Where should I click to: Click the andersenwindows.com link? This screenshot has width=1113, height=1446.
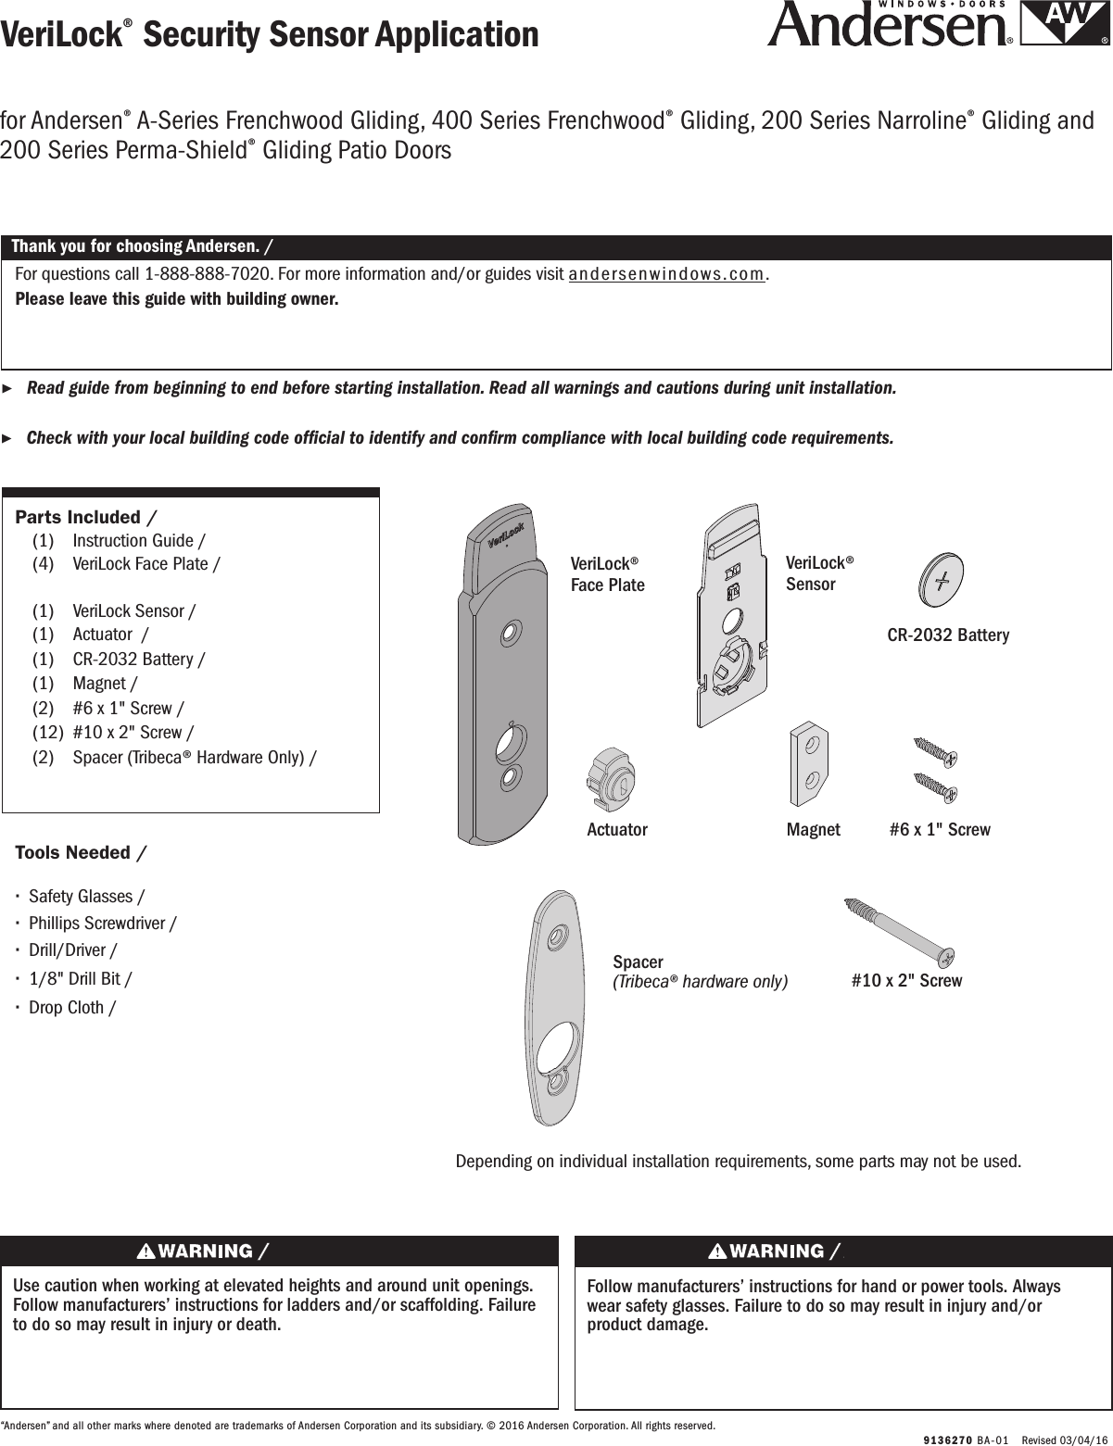pos(667,275)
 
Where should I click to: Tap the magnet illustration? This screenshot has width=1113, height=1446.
pos(808,766)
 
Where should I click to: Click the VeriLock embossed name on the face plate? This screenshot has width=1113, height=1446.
pos(506,536)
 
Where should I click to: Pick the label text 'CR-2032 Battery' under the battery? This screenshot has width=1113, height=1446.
pos(948,635)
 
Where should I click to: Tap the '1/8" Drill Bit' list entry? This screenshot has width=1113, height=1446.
pos(81,979)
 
